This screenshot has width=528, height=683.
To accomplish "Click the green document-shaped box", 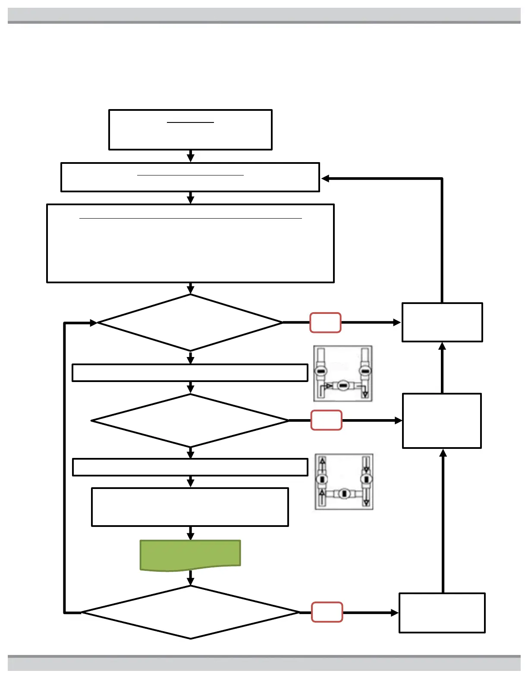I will [190, 555].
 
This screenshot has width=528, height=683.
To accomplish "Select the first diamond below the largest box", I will [190, 323].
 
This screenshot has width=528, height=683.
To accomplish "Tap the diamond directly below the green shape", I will [190, 612].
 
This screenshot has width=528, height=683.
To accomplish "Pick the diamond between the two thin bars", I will [190, 420].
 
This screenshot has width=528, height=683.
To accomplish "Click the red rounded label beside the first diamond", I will [325, 323].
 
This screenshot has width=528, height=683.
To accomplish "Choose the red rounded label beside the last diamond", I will [327, 612].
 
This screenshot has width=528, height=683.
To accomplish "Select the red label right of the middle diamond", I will [326, 420].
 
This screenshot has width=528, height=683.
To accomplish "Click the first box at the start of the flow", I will [190, 130].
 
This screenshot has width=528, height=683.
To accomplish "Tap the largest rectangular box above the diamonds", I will [190, 243].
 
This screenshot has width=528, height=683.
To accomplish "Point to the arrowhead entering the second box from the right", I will [325, 179].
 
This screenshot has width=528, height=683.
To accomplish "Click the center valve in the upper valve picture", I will [343, 385].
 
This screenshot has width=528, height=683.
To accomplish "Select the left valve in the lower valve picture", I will [322, 479].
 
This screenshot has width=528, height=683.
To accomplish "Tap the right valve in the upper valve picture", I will [365, 371].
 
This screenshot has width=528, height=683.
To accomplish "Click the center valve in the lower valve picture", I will [344, 494].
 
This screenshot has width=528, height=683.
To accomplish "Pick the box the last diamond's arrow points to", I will [442, 613].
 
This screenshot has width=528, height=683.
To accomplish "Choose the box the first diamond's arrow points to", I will [442, 323].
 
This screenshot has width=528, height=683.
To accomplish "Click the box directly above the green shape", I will [190, 507].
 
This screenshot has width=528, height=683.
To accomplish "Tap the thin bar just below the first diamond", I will [190, 373].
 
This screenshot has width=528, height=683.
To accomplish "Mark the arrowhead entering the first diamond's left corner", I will [94, 323].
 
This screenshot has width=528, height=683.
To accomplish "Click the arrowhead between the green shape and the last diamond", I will [190, 582].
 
